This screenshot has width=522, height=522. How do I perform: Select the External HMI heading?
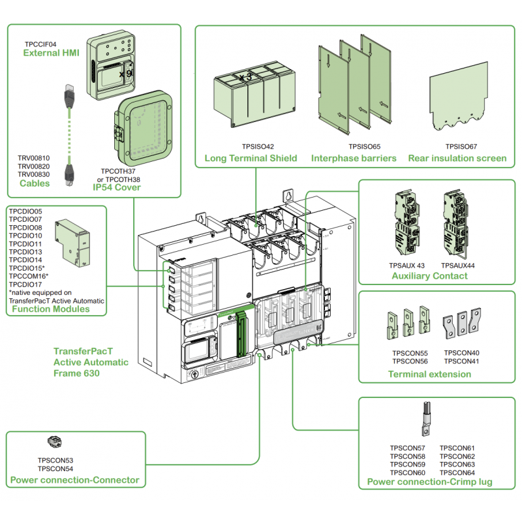pos(51,54)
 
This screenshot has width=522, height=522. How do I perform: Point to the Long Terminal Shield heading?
pos(251,158)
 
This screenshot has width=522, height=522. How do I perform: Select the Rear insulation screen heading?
pos(457,158)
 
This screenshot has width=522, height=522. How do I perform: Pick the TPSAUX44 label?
pos(457,266)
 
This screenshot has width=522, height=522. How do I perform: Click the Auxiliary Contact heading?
pos(429,276)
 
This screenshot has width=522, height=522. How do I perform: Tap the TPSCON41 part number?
pos(461,361)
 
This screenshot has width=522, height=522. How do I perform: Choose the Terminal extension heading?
pos(429,374)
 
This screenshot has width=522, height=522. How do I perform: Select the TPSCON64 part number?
pos(457,472)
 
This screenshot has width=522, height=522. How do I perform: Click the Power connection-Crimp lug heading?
pos(429,482)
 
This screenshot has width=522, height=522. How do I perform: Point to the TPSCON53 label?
pos(55,461)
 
